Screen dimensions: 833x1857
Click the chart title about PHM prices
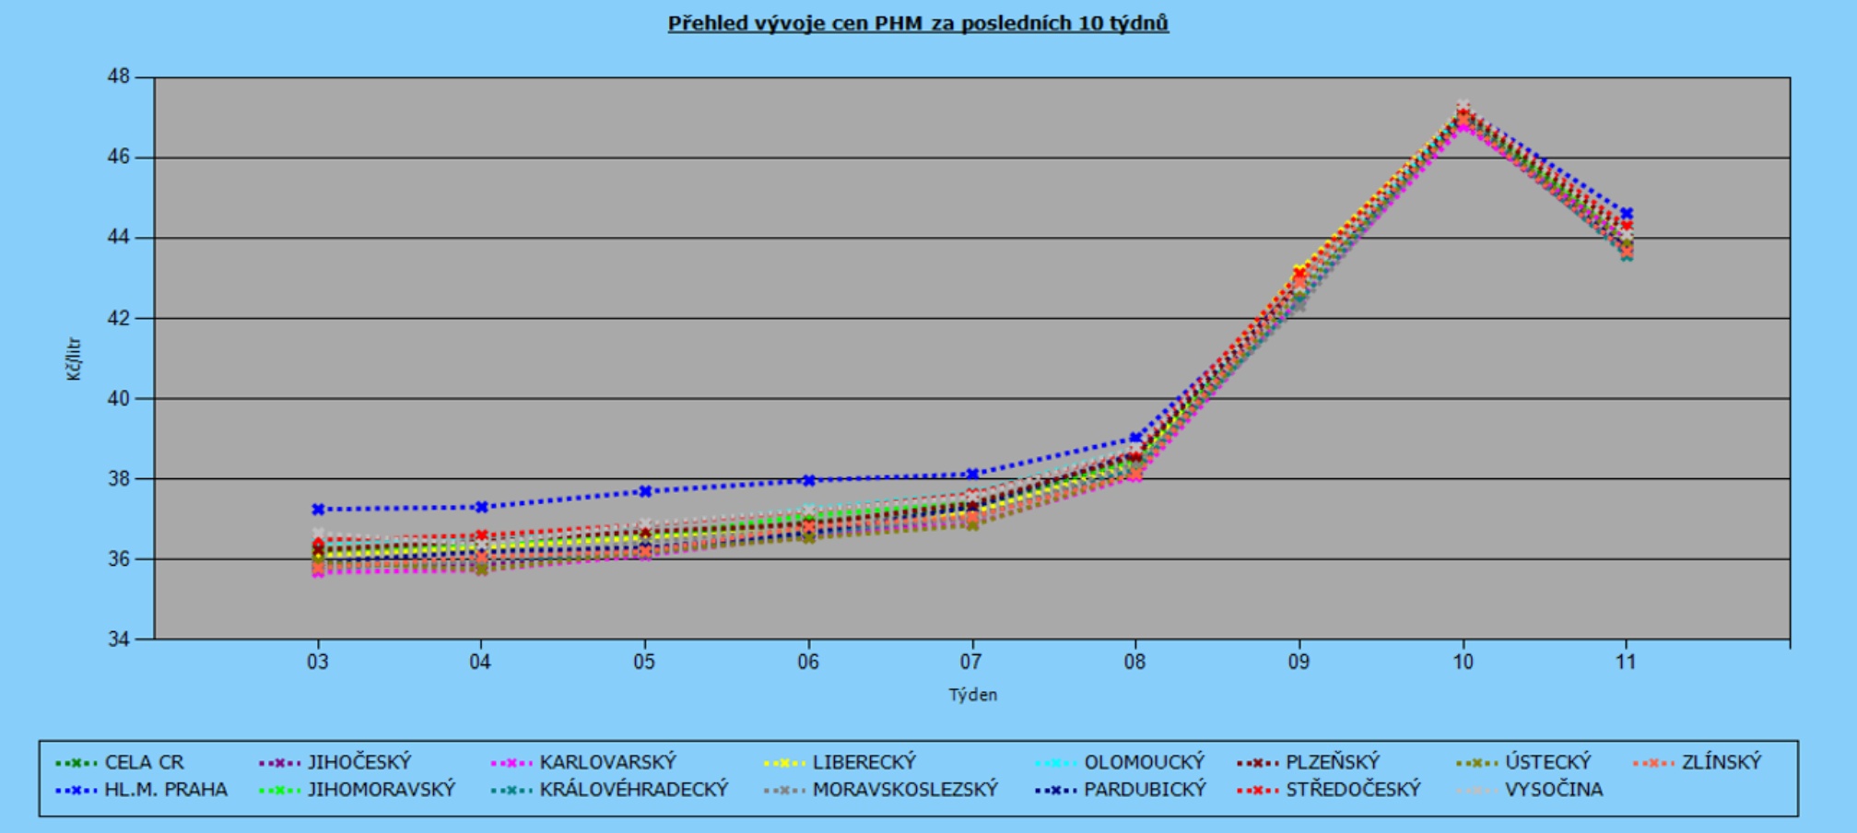(x=918, y=23)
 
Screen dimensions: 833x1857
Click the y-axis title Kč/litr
(x=74, y=359)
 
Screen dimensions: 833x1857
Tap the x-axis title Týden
(x=972, y=695)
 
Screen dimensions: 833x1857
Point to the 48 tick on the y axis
(x=119, y=77)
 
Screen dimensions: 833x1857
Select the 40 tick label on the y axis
(x=119, y=399)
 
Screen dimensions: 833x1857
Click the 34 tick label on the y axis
(x=119, y=639)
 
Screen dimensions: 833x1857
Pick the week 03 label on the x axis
(x=318, y=662)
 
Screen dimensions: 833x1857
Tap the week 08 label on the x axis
(x=1135, y=662)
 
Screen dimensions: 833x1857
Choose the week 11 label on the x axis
(x=1626, y=662)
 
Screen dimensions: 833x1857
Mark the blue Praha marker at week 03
(x=318, y=509)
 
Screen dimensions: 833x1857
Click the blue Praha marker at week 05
(x=645, y=491)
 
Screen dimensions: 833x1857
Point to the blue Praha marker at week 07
(x=972, y=475)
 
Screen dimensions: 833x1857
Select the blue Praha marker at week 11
(x=1627, y=214)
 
